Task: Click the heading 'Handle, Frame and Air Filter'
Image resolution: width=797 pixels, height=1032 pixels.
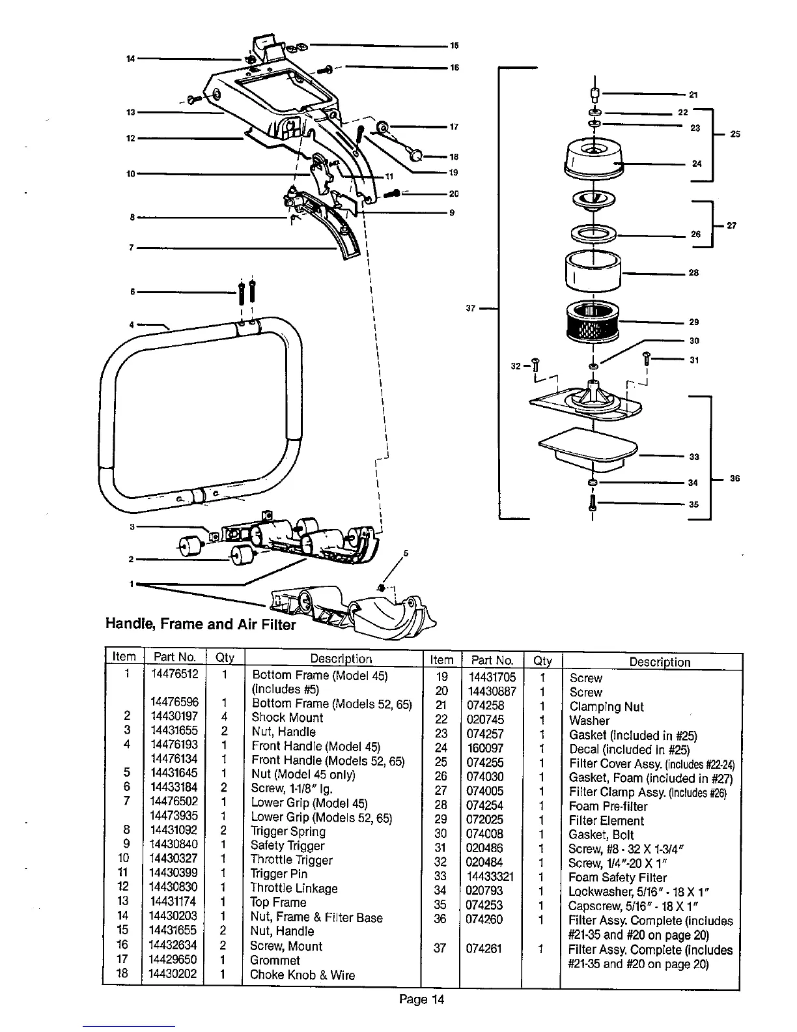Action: coord(201,624)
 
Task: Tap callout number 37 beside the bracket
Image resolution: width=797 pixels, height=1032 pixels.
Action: coord(471,308)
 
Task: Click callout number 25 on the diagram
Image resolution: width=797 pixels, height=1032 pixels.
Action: coord(735,134)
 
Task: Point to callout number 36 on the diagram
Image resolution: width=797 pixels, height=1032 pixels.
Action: coord(735,479)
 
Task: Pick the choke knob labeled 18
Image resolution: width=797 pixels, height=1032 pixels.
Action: coord(414,155)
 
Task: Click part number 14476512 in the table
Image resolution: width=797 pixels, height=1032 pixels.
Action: coord(173,674)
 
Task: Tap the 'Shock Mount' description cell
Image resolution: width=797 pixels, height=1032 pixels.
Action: coord(287,717)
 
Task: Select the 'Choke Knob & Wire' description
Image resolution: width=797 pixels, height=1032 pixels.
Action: coord(302,975)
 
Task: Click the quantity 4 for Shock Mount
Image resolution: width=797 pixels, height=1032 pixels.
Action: coord(223,717)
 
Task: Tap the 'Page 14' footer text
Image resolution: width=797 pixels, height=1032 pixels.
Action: coord(421,999)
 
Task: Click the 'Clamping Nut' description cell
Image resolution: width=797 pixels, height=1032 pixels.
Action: coord(606,706)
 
